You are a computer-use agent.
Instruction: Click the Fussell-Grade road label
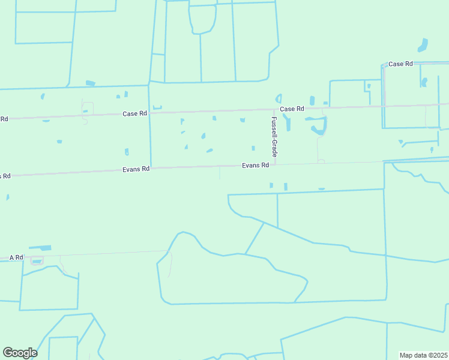274,137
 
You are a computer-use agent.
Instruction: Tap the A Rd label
16,257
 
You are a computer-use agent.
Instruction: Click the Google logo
20,353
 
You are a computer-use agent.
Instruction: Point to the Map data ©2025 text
423,355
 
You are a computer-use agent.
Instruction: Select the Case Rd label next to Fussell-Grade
292,109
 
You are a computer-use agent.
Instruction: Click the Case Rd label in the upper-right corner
400,64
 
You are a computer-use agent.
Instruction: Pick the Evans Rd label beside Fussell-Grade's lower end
255,165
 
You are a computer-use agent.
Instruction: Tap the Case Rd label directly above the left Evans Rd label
134,113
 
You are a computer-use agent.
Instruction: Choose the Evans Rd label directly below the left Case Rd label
136,169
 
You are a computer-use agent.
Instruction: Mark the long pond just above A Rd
40,247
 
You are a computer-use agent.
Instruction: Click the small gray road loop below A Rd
37,260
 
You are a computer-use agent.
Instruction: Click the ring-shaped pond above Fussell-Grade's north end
278,98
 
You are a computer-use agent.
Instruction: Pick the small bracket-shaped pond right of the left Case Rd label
157,108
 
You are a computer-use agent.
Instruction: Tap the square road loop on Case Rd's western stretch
88,107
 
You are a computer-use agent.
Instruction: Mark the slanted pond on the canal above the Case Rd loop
91,83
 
